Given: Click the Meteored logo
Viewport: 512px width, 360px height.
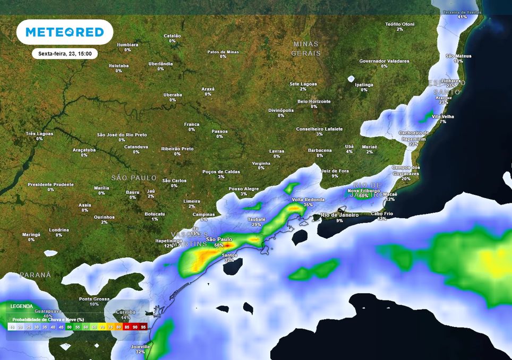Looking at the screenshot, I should click(x=65, y=32).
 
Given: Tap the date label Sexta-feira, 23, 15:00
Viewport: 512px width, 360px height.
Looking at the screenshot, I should click(x=65, y=54).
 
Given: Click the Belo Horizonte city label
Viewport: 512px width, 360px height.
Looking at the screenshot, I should click(x=314, y=101).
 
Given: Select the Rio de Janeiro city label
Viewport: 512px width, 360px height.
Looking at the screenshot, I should click(x=339, y=215).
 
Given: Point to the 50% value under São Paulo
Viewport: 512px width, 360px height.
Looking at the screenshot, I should click(x=219, y=245).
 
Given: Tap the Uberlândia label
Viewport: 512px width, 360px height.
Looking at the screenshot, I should click(x=160, y=64).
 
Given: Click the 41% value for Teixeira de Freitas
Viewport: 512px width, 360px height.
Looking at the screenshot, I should click(x=462, y=17).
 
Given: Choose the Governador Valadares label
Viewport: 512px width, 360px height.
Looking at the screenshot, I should click(x=384, y=61).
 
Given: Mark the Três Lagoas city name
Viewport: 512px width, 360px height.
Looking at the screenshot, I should click(x=39, y=134).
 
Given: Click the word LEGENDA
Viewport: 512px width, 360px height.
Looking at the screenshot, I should click(x=21, y=306).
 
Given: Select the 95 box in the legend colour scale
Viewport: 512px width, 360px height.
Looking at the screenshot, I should click(x=143, y=327).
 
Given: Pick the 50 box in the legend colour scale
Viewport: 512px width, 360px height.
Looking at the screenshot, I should click(x=69, y=327).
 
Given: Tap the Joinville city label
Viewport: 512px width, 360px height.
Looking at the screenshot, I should click(x=140, y=347).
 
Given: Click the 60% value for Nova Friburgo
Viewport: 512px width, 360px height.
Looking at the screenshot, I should click(x=363, y=196).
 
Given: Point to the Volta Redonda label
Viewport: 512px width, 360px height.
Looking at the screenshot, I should click(x=308, y=200).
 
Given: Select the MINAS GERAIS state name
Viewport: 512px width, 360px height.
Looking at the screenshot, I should click(x=306, y=48).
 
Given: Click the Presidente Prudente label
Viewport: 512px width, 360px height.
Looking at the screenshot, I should click(x=50, y=184).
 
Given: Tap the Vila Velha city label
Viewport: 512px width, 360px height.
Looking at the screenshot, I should click(x=443, y=116).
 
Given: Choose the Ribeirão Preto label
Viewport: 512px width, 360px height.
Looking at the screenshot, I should click(x=177, y=149).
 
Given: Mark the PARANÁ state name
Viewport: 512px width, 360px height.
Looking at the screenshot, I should click(x=36, y=275).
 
